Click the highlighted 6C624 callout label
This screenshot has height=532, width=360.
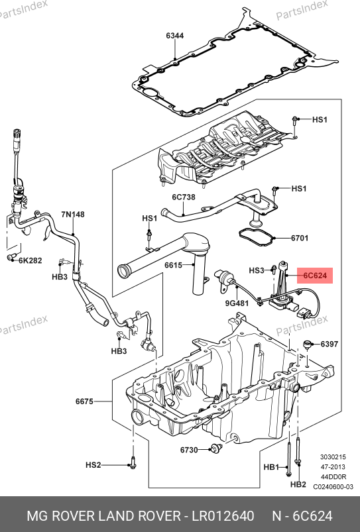tap(315, 276)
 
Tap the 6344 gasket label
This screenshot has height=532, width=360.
tap(175, 36)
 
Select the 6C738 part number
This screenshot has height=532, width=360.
tap(184, 197)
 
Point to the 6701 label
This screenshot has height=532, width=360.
tap(300, 238)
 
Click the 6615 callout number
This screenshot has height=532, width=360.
tap(174, 265)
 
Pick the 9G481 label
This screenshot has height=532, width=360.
tap(237, 303)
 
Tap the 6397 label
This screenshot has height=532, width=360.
tap(330, 344)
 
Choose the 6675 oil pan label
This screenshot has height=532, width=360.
tap(84, 401)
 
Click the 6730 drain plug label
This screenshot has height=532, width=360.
tap(189, 450)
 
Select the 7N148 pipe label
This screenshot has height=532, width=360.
tap(73, 215)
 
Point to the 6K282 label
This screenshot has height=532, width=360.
tap(30, 260)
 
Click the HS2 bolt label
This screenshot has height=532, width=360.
tap(93, 465)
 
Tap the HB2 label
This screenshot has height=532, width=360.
tap(298, 484)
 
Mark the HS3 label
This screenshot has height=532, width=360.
tap(257, 270)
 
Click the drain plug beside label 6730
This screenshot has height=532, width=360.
tap(215, 449)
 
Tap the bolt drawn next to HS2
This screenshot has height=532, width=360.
tap(133, 462)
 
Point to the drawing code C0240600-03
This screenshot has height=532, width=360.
tap(333, 486)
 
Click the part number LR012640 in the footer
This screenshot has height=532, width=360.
tap(223, 515)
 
